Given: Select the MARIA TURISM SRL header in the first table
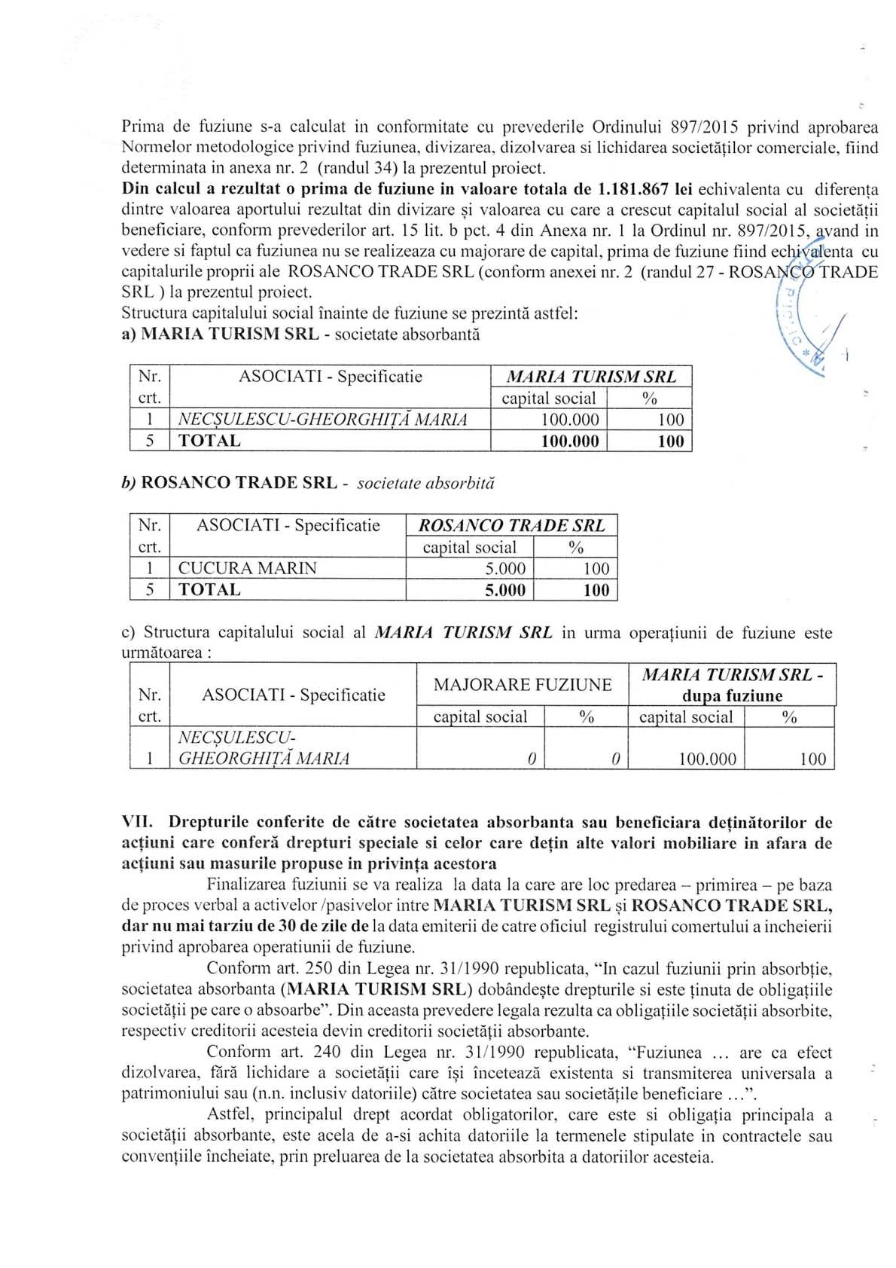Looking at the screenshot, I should [x=590, y=377].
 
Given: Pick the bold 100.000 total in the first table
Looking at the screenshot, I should [x=570, y=442].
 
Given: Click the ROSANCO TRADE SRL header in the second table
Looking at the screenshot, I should [x=511, y=526].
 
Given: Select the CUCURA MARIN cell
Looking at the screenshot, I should [x=248, y=568].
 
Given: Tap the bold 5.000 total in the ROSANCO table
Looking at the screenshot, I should [x=504, y=590].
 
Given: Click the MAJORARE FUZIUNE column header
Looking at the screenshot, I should [x=522, y=684].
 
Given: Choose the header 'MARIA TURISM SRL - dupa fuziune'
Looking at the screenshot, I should [x=731, y=684].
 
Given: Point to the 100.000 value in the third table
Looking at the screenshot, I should [x=707, y=759].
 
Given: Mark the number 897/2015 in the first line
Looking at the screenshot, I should [x=704, y=126].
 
